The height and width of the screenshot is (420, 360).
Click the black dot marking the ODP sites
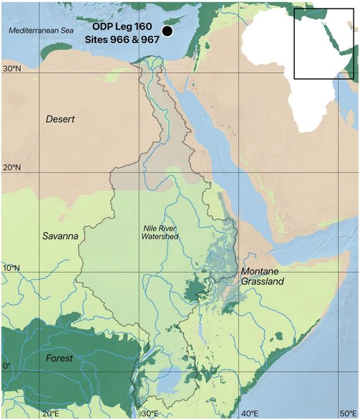click(x=167, y=31)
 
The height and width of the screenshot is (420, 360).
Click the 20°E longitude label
click(x=50, y=414)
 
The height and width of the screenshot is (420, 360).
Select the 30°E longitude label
click(x=150, y=414)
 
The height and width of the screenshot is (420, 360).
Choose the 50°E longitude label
click(x=349, y=414)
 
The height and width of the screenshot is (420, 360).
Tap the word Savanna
click(x=60, y=235)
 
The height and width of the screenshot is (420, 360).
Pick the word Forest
click(x=59, y=358)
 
